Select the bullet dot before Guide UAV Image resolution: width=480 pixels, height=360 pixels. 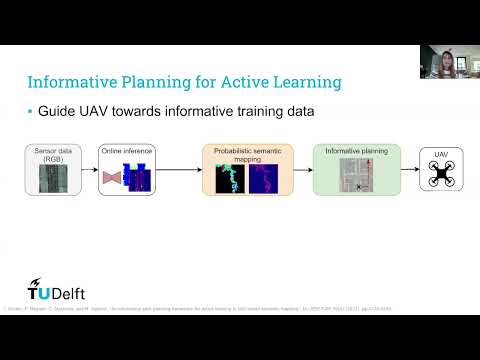[29, 112]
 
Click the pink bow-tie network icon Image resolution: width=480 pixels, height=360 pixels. [112, 178]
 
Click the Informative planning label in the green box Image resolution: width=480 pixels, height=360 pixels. [356, 150]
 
